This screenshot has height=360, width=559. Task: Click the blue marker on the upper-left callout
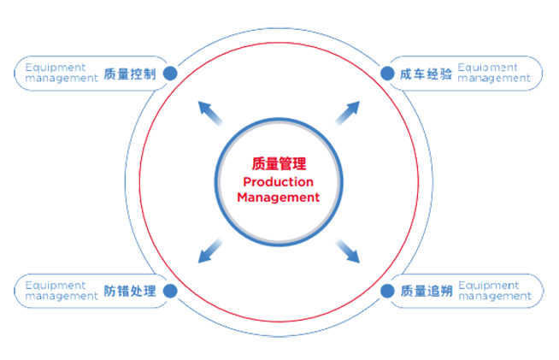point(171,73)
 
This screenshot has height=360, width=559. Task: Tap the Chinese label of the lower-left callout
point(132,291)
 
